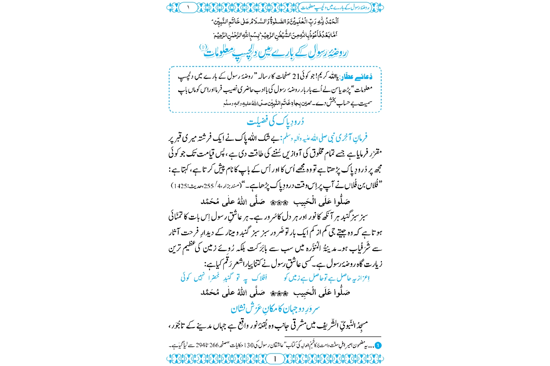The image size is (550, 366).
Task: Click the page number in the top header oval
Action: [189, 7]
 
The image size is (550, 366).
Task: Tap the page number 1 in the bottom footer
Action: [275, 359]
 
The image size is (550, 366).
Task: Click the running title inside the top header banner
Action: [335, 7]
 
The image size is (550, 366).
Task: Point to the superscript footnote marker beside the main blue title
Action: [203, 47]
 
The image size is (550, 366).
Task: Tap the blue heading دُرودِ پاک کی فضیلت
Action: [275, 121]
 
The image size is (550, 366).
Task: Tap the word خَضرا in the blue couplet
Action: [214, 278]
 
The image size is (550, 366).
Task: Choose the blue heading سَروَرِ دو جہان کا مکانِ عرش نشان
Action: [275, 309]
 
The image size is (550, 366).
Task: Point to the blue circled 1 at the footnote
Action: [378, 345]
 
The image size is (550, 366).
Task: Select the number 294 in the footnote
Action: [201, 345]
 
